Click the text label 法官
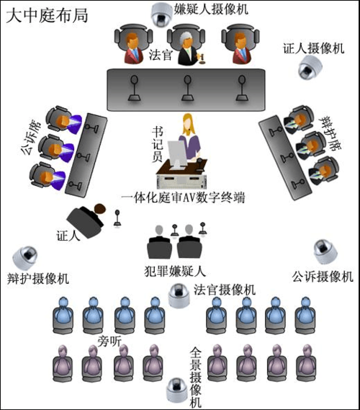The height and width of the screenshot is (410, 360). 160,55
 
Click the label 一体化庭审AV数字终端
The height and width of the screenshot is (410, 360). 184,197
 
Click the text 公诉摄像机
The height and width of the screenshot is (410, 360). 323,277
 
